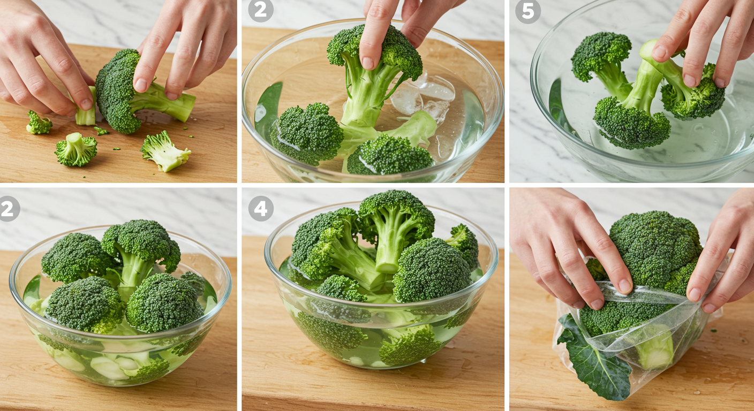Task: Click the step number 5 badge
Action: [x=528, y=11]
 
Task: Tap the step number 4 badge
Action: [x=261, y=209]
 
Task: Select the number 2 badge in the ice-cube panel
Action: [x=261, y=10]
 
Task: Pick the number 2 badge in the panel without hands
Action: [x=8, y=209]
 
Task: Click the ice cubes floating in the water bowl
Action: [x=424, y=97]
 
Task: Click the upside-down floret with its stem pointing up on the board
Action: [x=76, y=149]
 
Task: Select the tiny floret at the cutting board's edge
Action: [x=39, y=123]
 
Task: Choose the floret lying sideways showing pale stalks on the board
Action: [x=165, y=151]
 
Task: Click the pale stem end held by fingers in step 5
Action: [x=648, y=50]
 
